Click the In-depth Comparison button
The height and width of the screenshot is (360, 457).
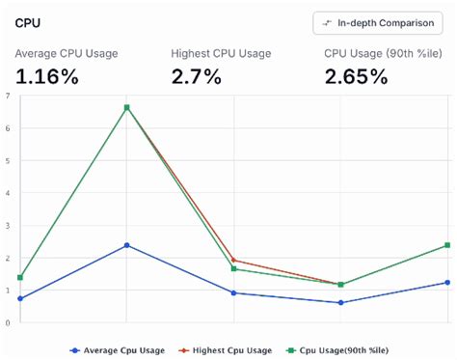(x=377, y=22)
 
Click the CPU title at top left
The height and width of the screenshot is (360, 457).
(x=27, y=21)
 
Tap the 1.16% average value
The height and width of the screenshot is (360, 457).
(x=47, y=76)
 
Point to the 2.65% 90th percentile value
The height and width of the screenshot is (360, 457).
(x=356, y=76)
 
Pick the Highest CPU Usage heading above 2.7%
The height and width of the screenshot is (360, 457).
(x=221, y=53)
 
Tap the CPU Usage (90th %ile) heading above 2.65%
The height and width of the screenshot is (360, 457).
(x=377, y=53)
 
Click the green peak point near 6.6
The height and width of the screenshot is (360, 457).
(x=126, y=107)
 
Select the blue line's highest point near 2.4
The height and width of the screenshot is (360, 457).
(x=126, y=245)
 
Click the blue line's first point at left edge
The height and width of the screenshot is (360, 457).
(x=20, y=298)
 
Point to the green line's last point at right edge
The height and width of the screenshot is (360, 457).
(x=447, y=245)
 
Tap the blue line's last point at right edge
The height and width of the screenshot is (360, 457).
(x=447, y=282)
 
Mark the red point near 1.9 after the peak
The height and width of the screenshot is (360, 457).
(x=234, y=260)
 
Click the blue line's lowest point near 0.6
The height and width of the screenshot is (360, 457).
(x=340, y=303)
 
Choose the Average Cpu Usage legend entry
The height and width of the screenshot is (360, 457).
(x=117, y=349)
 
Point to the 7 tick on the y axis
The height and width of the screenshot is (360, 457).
(x=8, y=96)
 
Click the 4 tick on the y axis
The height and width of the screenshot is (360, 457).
(x=8, y=193)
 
